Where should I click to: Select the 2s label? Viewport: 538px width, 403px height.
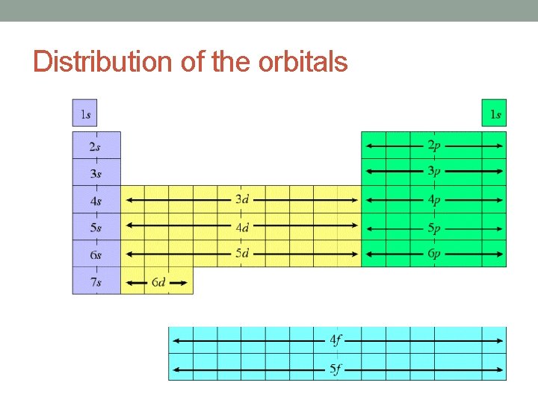click(x=96, y=147)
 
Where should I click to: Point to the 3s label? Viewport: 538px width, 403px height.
click(x=96, y=174)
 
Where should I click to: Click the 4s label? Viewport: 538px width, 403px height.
click(x=96, y=201)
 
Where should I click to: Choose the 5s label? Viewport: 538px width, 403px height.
click(x=96, y=228)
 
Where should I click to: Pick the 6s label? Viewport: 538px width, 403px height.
click(x=96, y=255)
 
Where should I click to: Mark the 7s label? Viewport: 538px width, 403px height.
click(x=96, y=282)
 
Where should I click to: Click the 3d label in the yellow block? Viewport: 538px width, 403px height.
click(x=242, y=199)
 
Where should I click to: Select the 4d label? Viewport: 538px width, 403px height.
click(x=242, y=227)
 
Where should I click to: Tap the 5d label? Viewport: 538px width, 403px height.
click(x=242, y=254)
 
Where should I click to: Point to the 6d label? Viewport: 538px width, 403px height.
click(x=158, y=282)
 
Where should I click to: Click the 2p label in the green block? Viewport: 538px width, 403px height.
click(x=434, y=145)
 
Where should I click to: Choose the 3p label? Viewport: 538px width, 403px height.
click(x=434, y=172)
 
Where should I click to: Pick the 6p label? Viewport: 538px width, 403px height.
click(x=434, y=254)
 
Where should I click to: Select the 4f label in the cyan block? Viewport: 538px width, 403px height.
click(x=337, y=341)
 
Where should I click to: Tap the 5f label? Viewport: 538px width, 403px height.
click(x=337, y=369)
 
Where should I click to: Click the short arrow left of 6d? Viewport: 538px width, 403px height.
click(x=136, y=282)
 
